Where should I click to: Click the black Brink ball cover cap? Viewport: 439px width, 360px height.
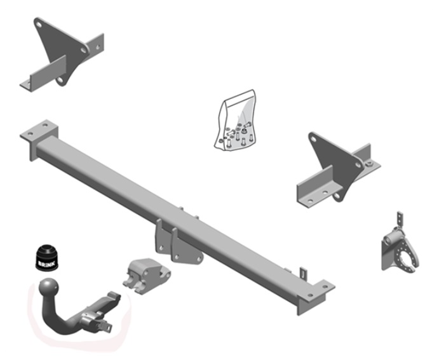[x=47, y=258]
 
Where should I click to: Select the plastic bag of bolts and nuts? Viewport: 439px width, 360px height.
[x=236, y=120]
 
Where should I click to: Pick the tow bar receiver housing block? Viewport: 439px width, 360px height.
[x=146, y=276]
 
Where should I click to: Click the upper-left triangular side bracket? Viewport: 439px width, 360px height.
[x=62, y=55]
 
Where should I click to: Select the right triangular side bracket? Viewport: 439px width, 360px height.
[x=338, y=170]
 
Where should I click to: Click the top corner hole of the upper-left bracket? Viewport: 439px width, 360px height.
[x=39, y=25]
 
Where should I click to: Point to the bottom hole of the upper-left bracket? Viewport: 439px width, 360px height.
[x=60, y=80]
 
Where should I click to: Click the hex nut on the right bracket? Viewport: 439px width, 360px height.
[x=369, y=164]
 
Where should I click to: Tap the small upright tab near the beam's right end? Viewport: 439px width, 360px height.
[x=304, y=272]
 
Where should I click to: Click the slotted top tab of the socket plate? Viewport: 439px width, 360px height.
[x=400, y=220]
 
